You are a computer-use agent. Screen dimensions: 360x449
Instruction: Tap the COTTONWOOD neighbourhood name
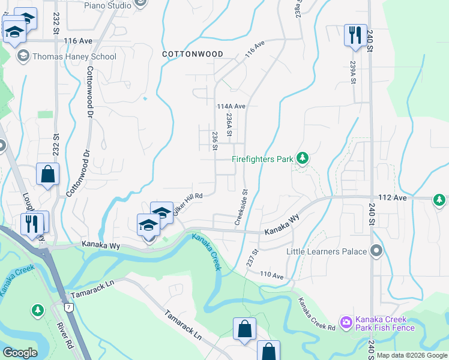[x=193, y=54]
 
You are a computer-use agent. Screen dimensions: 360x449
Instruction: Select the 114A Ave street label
[x=231, y=106]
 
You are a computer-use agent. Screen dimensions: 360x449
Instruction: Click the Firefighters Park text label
[x=262, y=159]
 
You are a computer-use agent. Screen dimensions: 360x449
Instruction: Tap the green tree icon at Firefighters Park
[x=303, y=158]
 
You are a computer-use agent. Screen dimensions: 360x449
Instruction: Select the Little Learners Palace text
[x=327, y=251]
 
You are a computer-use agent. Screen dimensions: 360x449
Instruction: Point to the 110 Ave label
[x=271, y=275]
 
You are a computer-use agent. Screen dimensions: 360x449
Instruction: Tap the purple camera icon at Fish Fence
[x=346, y=323]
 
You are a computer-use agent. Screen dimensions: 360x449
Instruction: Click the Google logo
[x=20, y=353]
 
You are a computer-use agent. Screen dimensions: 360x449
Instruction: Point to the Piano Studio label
[x=107, y=5]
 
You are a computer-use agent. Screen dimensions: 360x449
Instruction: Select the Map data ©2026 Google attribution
[x=411, y=355]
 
